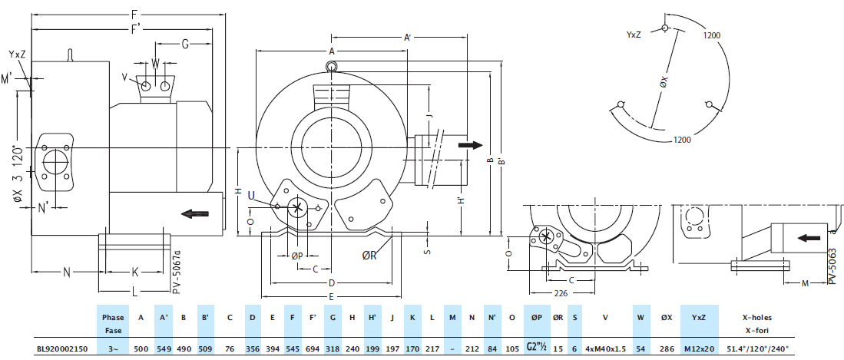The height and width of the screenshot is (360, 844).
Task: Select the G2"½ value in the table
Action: [x=537, y=348]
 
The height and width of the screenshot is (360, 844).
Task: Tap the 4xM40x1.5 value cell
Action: [x=606, y=348]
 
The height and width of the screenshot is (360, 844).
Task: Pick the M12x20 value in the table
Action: [x=699, y=348]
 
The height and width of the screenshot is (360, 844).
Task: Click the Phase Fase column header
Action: [x=113, y=322]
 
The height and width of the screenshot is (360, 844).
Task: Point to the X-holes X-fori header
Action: [x=756, y=322]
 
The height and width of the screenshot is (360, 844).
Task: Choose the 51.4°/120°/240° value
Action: [x=756, y=348]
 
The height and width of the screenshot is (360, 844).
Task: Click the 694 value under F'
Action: [x=313, y=348]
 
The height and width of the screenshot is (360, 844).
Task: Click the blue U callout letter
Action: [x=250, y=195]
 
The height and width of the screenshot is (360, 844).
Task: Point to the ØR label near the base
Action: [x=370, y=255]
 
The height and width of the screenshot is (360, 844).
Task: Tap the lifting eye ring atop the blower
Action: [x=331, y=67]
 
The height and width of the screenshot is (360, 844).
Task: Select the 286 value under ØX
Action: [x=667, y=348]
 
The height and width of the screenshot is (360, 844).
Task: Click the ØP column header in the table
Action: [x=537, y=317]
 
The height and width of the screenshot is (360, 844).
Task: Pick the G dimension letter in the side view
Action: [x=185, y=44]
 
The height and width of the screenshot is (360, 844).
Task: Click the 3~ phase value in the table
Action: [x=113, y=348]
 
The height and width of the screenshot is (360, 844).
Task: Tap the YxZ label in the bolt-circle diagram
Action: [x=634, y=35]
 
